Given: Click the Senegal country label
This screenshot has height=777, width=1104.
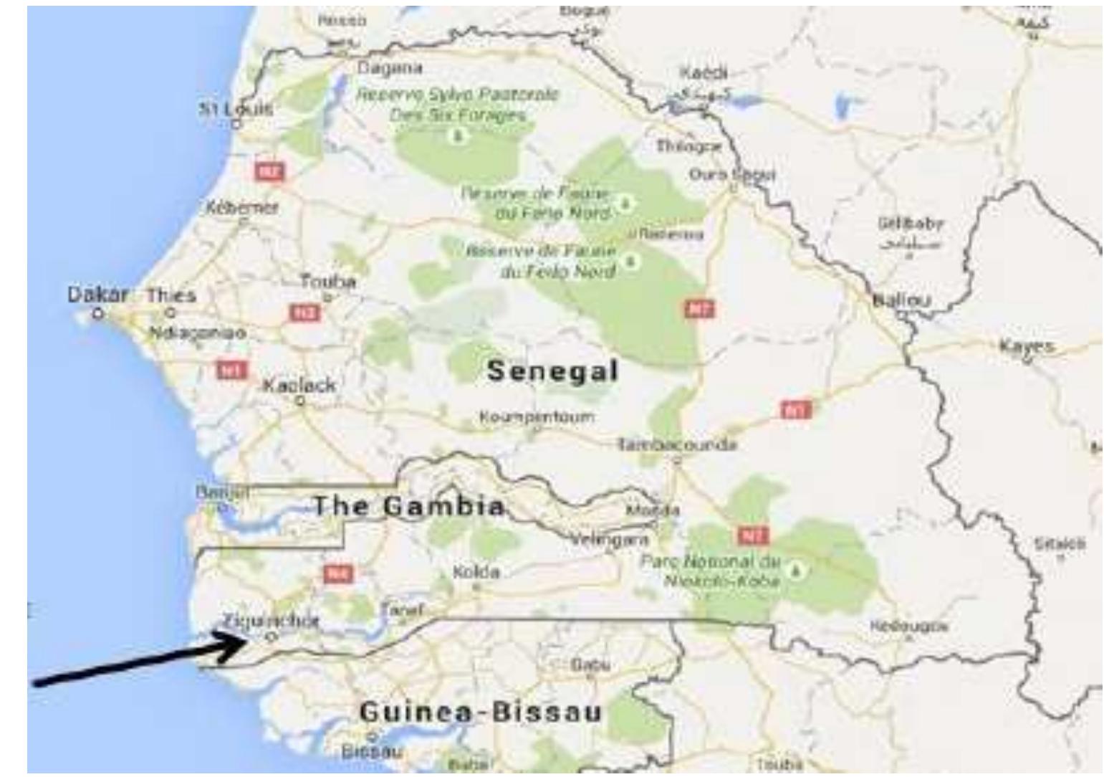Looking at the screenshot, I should tap(552, 371).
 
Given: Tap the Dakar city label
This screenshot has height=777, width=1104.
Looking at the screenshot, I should tap(97, 295).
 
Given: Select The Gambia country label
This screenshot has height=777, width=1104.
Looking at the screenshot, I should tap(409, 507).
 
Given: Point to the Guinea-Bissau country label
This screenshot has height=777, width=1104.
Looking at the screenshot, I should tap(480, 712).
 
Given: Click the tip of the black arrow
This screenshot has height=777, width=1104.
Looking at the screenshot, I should tap(246, 639).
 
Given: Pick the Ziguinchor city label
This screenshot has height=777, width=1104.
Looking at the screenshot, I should tap(270, 621).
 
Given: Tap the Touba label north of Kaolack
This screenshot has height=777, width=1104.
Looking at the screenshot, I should tap(328, 282).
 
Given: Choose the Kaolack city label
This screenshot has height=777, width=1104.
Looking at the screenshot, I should tap(299, 385).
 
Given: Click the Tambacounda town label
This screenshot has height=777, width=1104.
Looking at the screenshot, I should tap(677, 445).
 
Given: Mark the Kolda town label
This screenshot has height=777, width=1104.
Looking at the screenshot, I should tap(476, 573).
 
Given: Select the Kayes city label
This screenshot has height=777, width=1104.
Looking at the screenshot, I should tap(1027, 346).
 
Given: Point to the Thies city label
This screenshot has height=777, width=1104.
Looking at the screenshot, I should tap(171, 295).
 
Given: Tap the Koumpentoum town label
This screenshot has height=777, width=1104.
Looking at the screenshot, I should tap(537, 416).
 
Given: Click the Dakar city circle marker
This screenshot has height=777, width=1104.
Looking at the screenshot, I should tap(98, 313).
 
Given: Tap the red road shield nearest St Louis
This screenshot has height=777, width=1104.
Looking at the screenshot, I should tap(270, 171).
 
